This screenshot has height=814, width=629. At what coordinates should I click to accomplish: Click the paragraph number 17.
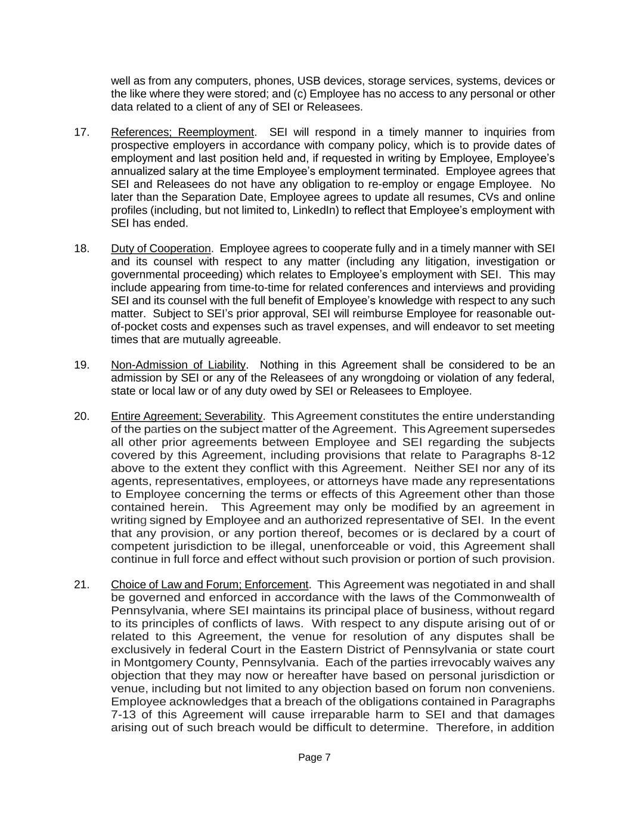(82, 132)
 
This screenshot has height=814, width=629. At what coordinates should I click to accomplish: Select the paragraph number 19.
(82, 365)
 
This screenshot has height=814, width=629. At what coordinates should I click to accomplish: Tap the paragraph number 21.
(82, 584)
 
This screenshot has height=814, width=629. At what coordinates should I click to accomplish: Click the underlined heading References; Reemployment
(182, 132)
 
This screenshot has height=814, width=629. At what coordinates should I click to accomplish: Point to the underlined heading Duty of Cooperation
(161, 249)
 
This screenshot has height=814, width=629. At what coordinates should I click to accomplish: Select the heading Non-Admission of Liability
(178, 365)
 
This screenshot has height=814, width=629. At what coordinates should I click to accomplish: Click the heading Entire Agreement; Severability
(187, 416)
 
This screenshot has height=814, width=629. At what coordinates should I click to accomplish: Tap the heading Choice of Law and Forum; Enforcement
(210, 584)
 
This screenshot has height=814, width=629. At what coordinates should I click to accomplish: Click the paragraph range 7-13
(125, 715)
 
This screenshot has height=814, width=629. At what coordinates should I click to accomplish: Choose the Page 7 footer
(314, 758)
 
